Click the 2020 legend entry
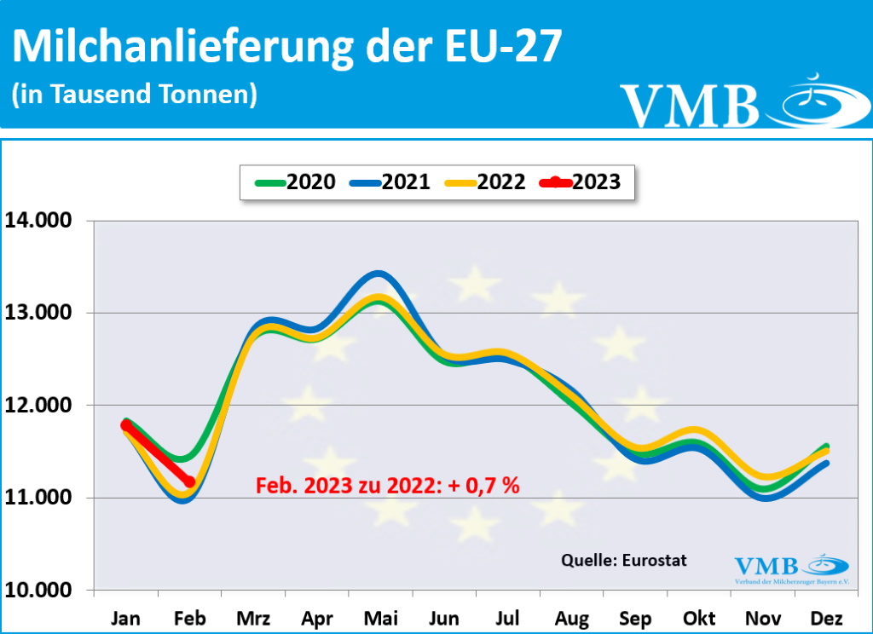295,182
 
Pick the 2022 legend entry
485,182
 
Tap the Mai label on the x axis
380,618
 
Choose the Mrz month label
252,618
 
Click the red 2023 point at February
189,482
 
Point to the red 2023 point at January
126,425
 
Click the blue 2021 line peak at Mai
379,274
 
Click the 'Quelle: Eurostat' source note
623,560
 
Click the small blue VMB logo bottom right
791,568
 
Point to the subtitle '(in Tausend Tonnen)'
134,95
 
